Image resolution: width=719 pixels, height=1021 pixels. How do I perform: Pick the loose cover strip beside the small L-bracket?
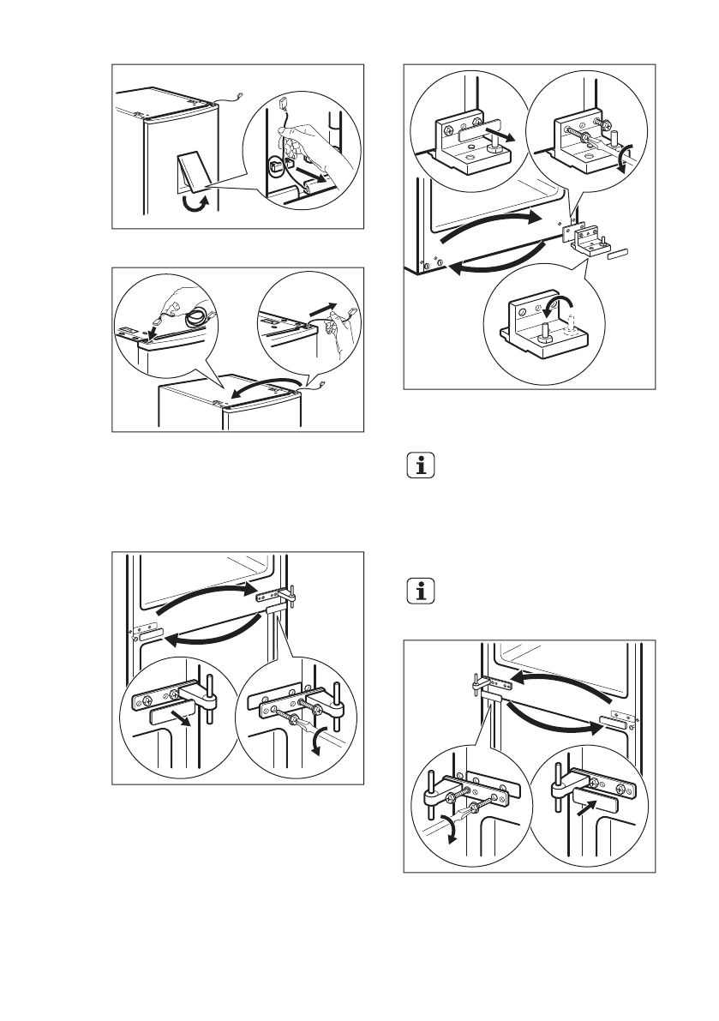[x=618, y=255]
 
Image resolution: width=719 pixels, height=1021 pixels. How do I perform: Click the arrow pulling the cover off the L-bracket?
[x=501, y=135]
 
